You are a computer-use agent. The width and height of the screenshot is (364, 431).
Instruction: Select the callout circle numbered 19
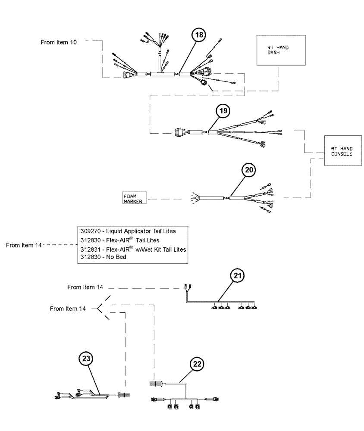pos(223,111)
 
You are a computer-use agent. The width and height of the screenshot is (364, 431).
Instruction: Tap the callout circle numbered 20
pos(248,170)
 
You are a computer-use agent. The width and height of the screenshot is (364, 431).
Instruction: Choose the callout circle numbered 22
pos(197,364)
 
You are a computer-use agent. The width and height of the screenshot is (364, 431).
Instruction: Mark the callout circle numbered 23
pos(86,358)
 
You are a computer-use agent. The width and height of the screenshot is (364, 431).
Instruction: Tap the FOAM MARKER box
pos(133,197)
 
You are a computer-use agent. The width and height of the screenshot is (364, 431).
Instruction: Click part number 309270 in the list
pos(90,231)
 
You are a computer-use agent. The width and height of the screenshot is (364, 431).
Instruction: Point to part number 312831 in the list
pos(90,250)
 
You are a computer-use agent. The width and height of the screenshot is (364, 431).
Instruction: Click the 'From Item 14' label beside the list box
pos(24,245)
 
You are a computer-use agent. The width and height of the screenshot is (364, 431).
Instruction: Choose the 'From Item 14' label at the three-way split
pos(68,309)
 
